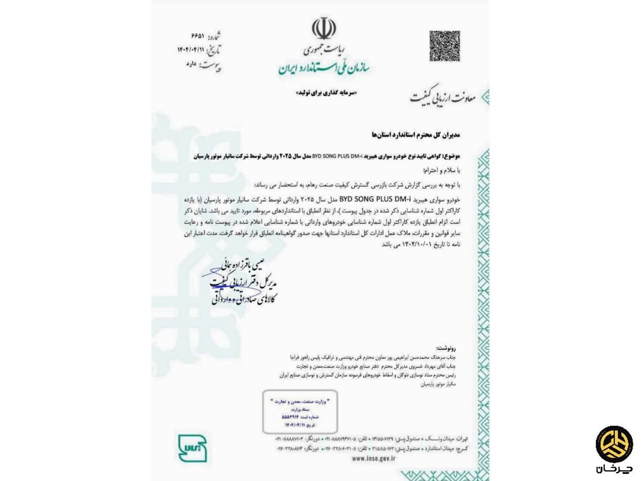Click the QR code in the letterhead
[444, 46]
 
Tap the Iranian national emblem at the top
[324, 29]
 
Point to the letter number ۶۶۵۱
[198, 35]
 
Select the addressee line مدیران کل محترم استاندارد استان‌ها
[415, 134]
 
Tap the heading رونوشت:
[446, 348]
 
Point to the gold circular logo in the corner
[615, 444]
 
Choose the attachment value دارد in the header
[191, 64]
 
